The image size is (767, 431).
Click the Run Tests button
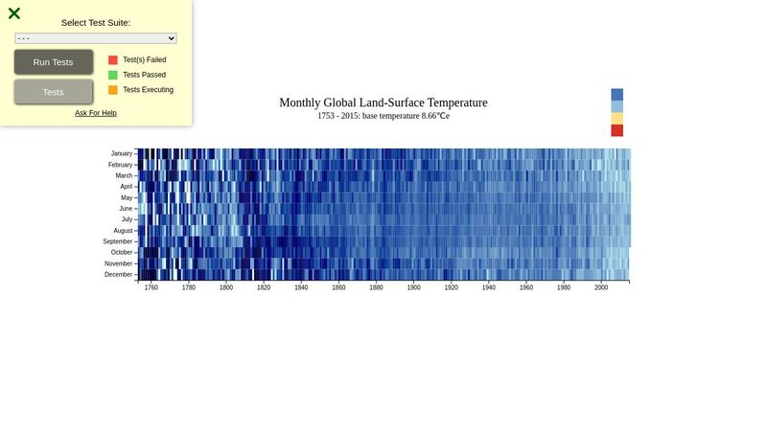[x=54, y=62]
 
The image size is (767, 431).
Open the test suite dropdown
[x=96, y=38]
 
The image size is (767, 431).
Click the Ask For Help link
[x=96, y=113]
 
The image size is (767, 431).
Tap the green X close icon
[x=14, y=13]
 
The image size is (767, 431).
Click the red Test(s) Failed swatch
[x=113, y=59]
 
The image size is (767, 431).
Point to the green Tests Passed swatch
[x=113, y=75]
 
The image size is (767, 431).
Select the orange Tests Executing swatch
[x=113, y=90]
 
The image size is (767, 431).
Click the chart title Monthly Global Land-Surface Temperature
[x=383, y=102]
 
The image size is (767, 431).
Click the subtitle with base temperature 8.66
[x=383, y=116]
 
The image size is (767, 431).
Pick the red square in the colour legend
[x=617, y=130]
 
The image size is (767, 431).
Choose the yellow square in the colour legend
[x=617, y=119]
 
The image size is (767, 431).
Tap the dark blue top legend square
[x=617, y=94]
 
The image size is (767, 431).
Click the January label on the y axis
[x=122, y=153]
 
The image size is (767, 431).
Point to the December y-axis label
[x=120, y=275]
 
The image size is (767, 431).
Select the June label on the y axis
[x=126, y=209]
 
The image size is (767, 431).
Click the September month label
[x=118, y=241]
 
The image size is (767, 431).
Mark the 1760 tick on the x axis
[x=151, y=287]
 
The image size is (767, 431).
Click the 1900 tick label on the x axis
[x=413, y=287]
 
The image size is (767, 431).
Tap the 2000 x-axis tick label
[x=601, y=287]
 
